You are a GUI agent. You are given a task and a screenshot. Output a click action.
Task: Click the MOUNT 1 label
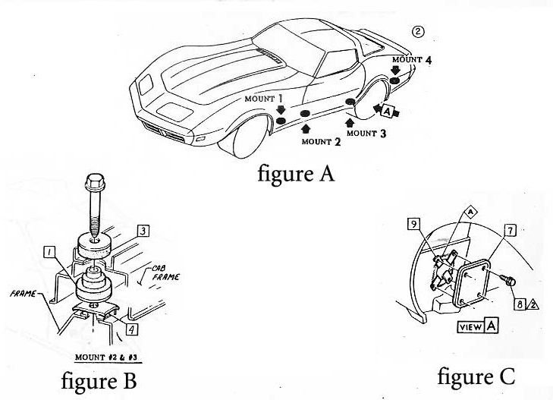pyautogui.click(x=264, y=99)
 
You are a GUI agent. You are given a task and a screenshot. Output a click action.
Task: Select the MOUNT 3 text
pyautogui.click(x=367, y=133)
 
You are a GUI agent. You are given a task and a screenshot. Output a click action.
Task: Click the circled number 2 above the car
pyautogui.click(x=417, y=31)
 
